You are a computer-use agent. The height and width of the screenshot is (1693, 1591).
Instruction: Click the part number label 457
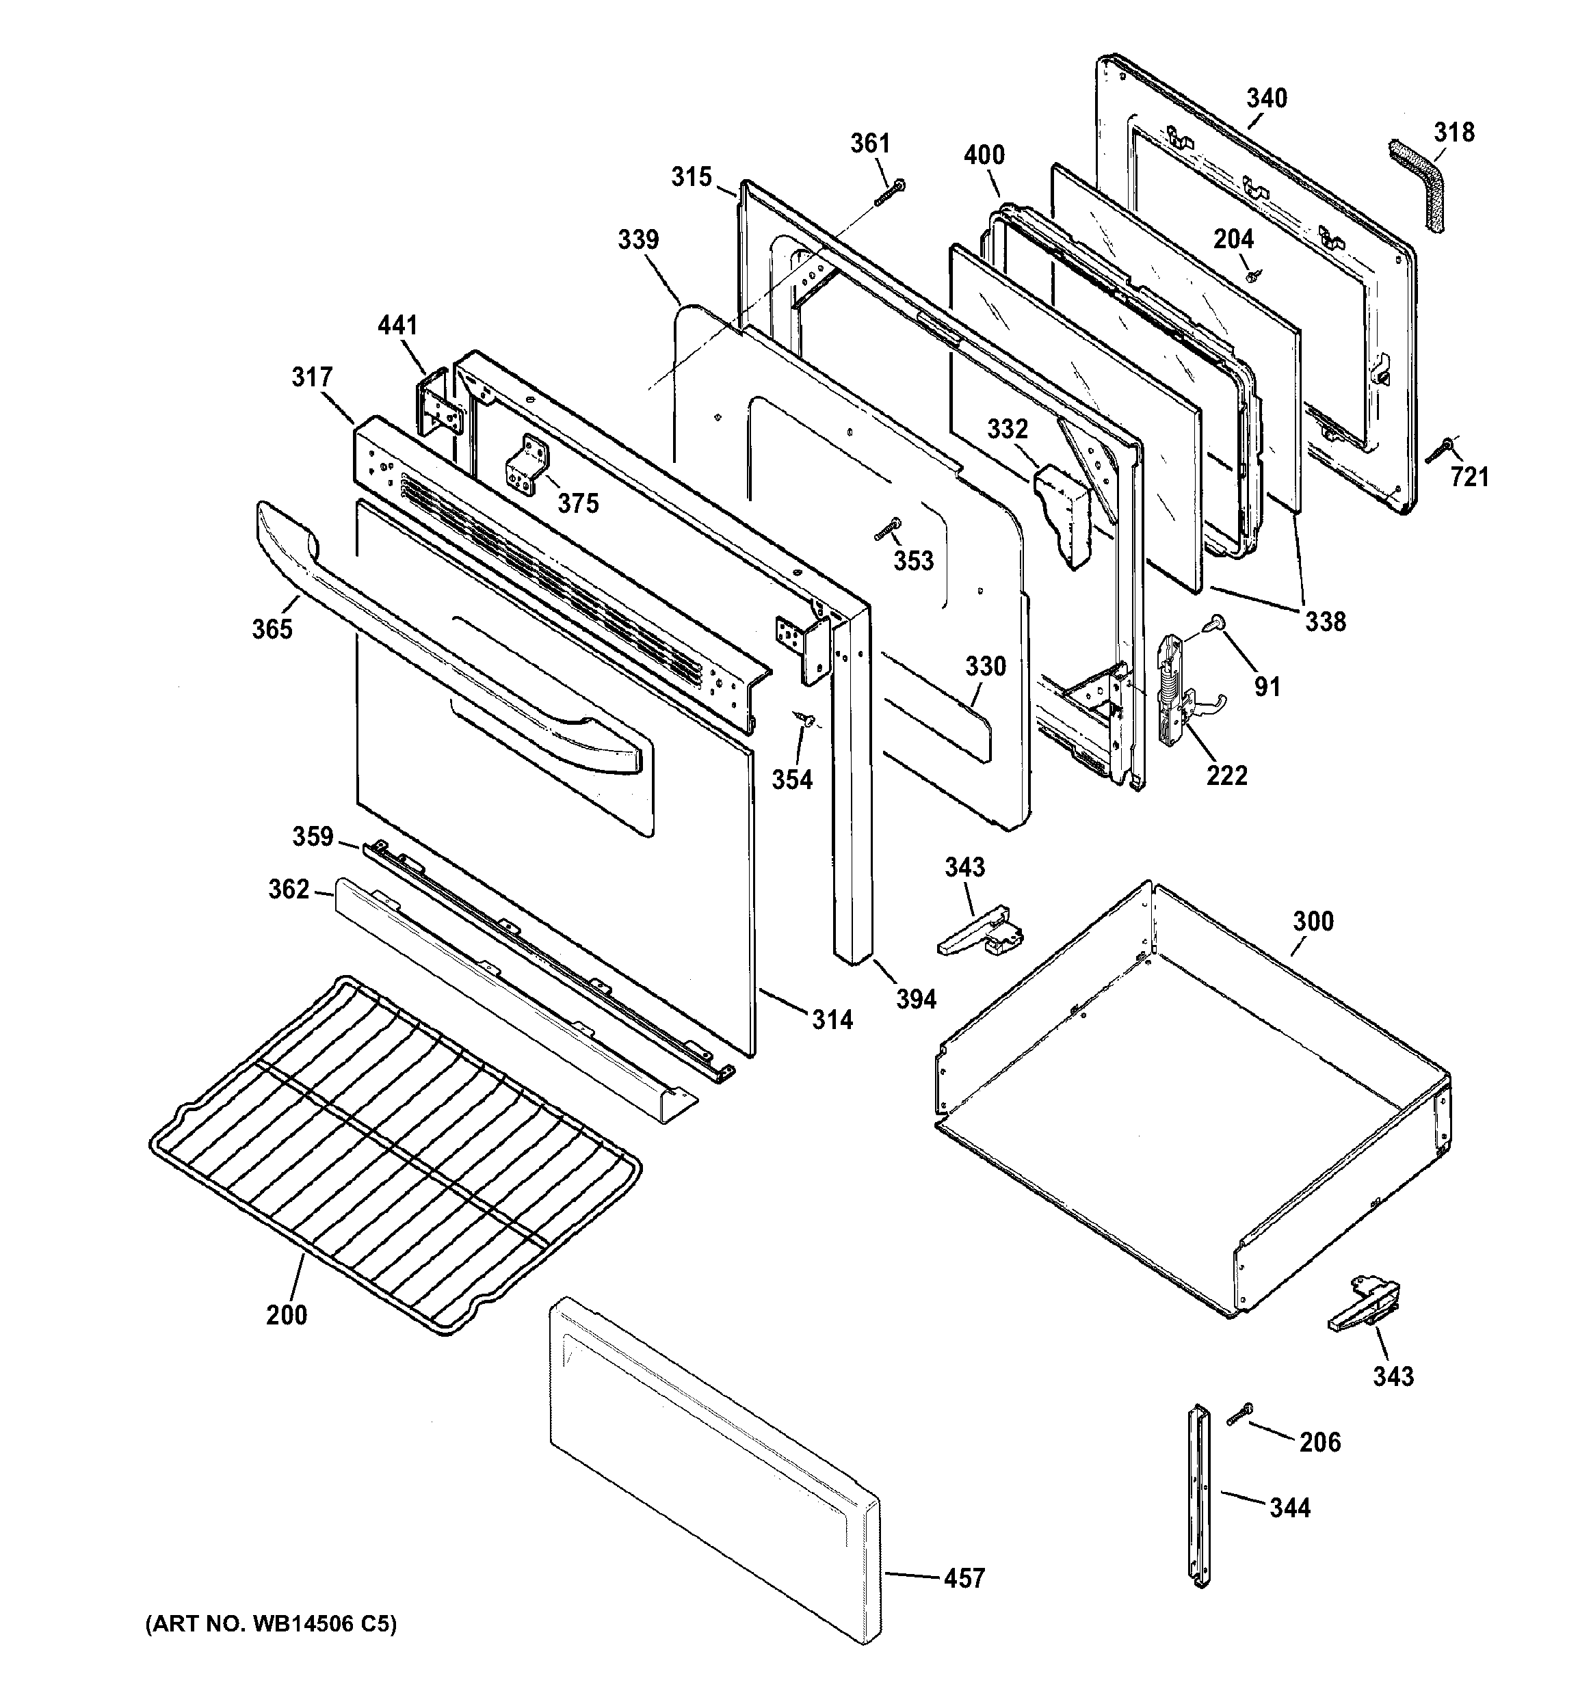(964, 1578)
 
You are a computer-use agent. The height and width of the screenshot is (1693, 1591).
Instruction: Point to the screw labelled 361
(889, 192)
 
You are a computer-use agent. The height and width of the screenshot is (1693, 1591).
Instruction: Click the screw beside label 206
(1240, 1415)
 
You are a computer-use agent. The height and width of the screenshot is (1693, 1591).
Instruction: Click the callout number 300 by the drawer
(1313, 922)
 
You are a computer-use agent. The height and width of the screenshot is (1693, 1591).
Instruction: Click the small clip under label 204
(1252, 276)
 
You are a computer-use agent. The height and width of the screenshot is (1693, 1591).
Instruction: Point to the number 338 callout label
(1326, 622)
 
